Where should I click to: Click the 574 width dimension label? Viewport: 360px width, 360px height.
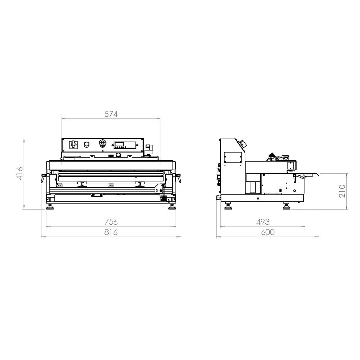coord(111,114)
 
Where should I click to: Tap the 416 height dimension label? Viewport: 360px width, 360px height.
coord(20,173)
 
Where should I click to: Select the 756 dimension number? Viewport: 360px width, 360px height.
coord(111,222)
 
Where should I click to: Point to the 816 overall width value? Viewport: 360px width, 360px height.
coord(111,232)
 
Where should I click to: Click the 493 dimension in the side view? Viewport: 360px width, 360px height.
coord(263,222)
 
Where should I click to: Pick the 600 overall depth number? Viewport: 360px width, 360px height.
coord(268,232)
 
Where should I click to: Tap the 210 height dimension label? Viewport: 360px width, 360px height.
coord(342,191)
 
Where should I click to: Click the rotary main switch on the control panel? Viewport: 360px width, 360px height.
coord(73,144)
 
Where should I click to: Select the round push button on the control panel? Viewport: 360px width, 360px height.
coord(86,144)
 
